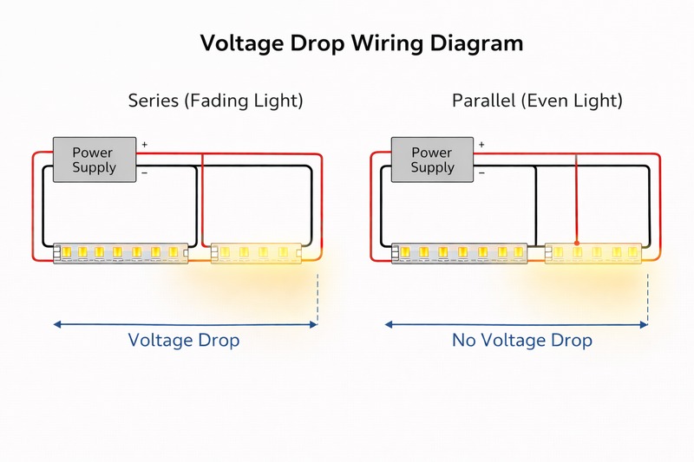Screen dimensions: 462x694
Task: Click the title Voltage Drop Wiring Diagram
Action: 362,42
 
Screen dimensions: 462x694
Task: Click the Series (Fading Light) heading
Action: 215,101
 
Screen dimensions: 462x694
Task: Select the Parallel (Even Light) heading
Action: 537,101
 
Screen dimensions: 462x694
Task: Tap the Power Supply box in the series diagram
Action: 95,159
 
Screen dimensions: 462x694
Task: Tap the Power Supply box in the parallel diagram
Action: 432,159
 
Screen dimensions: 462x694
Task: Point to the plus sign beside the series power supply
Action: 145,145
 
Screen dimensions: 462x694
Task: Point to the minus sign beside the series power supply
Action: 144,172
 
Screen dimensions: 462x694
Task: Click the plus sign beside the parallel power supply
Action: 481,145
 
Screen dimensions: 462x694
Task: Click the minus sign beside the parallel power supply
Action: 481,172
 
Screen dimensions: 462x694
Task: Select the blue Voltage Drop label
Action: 184,340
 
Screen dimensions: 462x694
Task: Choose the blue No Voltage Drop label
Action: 522,340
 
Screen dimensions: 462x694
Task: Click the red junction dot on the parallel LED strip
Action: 577,244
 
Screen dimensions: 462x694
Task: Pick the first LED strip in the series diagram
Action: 121,252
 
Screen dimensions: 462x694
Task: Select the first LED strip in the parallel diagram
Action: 460,252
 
